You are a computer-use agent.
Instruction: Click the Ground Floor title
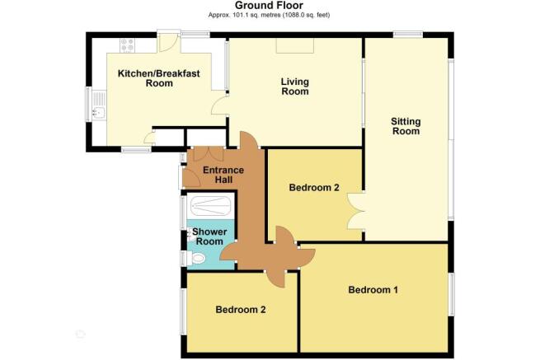click(269, 5)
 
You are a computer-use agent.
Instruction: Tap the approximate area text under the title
click(269, 15)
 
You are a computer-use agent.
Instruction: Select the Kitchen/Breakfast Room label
click(159, 78)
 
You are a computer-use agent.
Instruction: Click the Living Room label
click(295, 86)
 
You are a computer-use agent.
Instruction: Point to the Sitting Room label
click(406, 126)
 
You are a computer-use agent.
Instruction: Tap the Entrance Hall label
click(223, 175)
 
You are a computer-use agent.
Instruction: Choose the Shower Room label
click(209, 236)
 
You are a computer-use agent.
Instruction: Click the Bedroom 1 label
click(373, 290)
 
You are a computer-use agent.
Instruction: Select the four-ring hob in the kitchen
click(127, 45)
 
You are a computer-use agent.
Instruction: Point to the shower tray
click(211, 206)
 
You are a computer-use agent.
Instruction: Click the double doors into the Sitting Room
click(356, 212)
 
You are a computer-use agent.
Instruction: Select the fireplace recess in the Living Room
click(295, 45)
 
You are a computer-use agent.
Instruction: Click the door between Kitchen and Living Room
click(219, 105)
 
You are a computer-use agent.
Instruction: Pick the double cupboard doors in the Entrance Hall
click(209, 154)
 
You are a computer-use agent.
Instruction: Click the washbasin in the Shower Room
click(190, 235)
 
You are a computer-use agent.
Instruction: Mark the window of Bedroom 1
click(451, 293)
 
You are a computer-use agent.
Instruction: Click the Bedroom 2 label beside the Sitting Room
click(314, 188)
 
